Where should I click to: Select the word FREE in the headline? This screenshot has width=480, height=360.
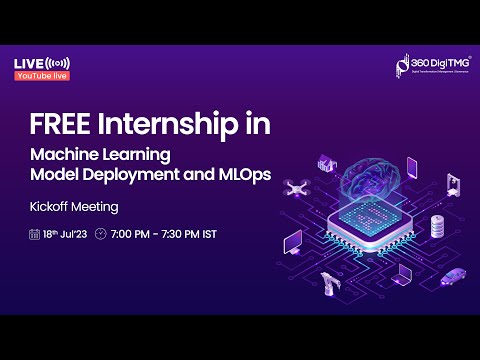click(x=62, y=126)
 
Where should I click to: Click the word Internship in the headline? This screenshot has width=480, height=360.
click(x=176, y=126)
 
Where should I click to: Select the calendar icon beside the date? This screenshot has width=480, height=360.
click(x=34, y=234)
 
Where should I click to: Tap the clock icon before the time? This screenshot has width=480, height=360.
click(x=100, y=234)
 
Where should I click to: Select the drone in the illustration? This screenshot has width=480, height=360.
click(x=293, y=187)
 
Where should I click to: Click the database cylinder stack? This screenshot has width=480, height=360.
click(x=437, y=225)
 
